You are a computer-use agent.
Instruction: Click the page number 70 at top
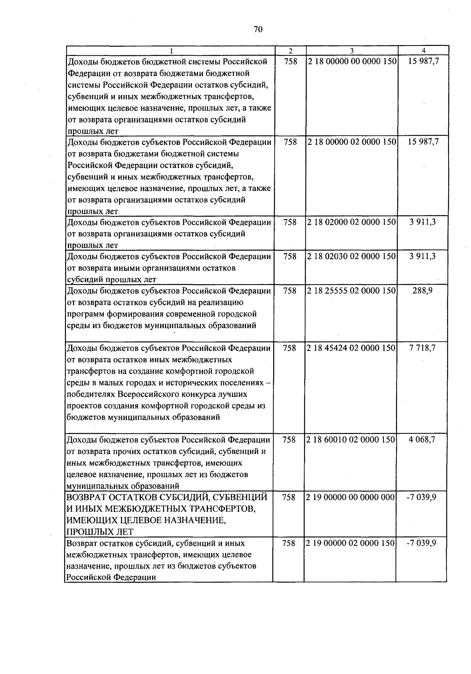[258, 30]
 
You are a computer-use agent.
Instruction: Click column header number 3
[352, 51]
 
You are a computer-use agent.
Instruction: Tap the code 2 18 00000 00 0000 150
[352, 62]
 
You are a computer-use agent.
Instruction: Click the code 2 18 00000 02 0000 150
[352, 142]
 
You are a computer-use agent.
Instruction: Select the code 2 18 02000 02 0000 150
[352, 222]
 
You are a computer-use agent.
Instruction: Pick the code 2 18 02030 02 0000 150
[352, 256]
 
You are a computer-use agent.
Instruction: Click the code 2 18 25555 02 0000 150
[352, 291]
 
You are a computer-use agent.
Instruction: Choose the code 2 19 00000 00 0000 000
[351, 497]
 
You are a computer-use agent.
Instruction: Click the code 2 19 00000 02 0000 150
[351, 543]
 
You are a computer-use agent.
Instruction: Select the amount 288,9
[423, 291]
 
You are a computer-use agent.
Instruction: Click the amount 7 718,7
[422, 348]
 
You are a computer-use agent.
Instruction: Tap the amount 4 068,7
[422, 440]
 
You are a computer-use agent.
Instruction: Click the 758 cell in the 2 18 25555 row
[290, 291]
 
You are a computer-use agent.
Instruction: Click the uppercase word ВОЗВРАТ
[89, 497]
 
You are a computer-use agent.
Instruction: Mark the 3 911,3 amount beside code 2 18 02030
[422, 256]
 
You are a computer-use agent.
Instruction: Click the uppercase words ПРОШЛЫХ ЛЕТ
[100, 532]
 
